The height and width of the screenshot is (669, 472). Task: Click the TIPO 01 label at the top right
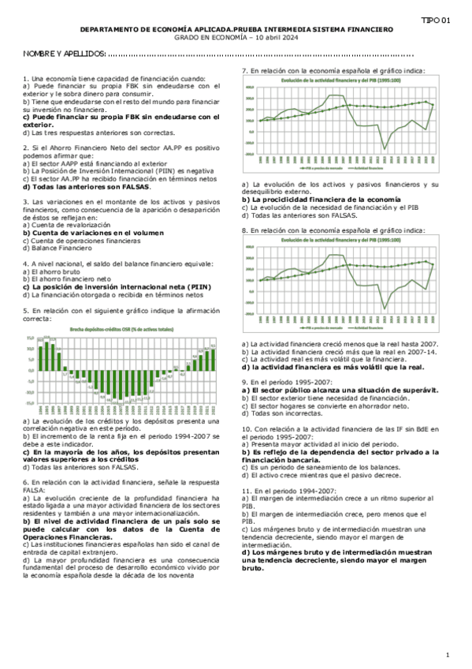[436, 20]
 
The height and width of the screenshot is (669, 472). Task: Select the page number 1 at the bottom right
[447, 655]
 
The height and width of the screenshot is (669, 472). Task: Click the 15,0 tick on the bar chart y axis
[31, 338]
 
